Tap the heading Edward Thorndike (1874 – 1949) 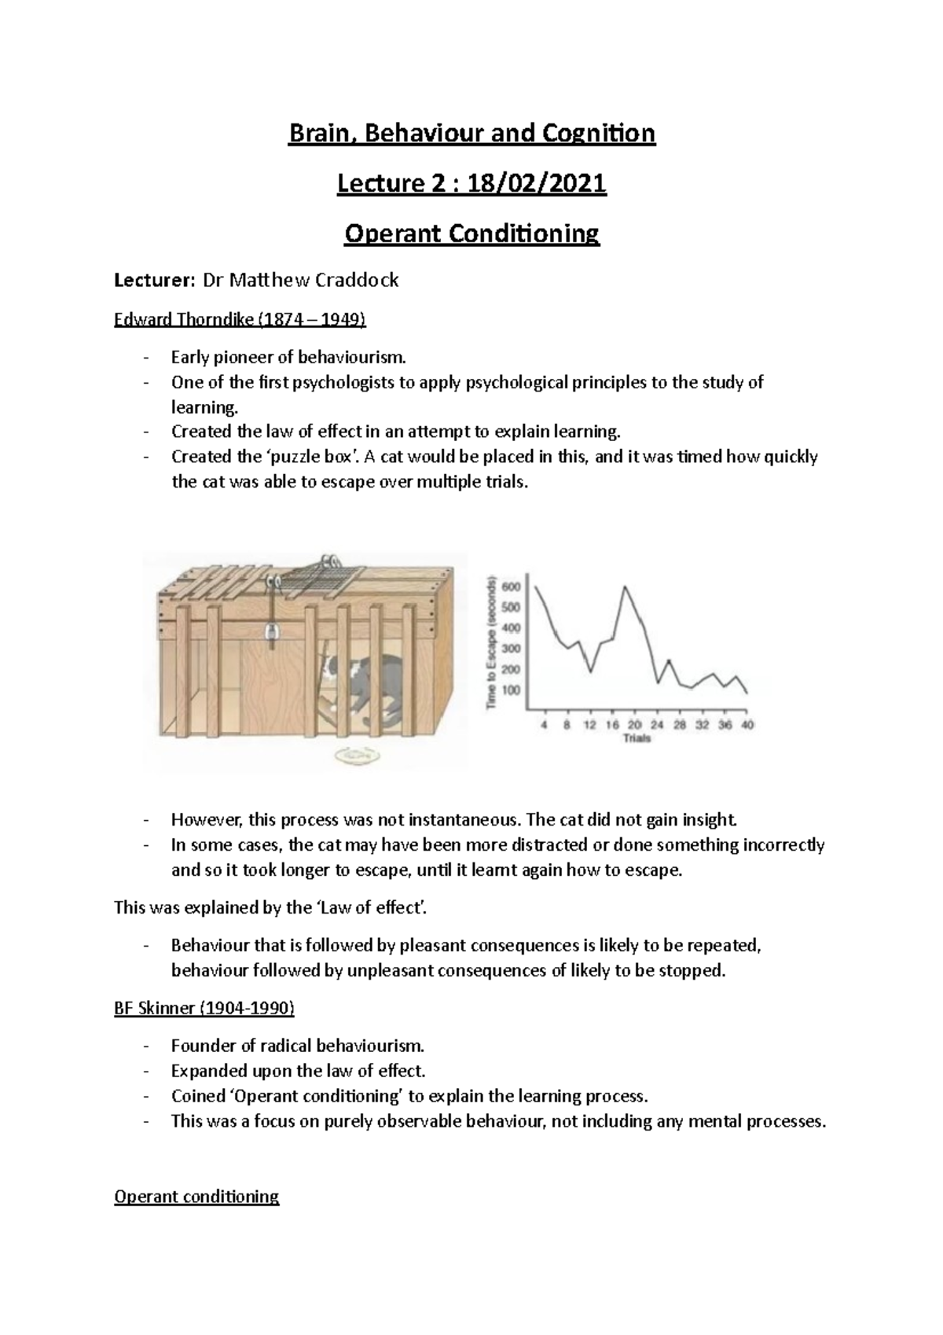point(240,320)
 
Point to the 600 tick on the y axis point(512,587)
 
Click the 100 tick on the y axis point(512,690)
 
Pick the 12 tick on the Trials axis point(589,725)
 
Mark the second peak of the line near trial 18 point(626,587)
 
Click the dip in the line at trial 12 point(591,672)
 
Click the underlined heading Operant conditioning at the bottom point(196,1197)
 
